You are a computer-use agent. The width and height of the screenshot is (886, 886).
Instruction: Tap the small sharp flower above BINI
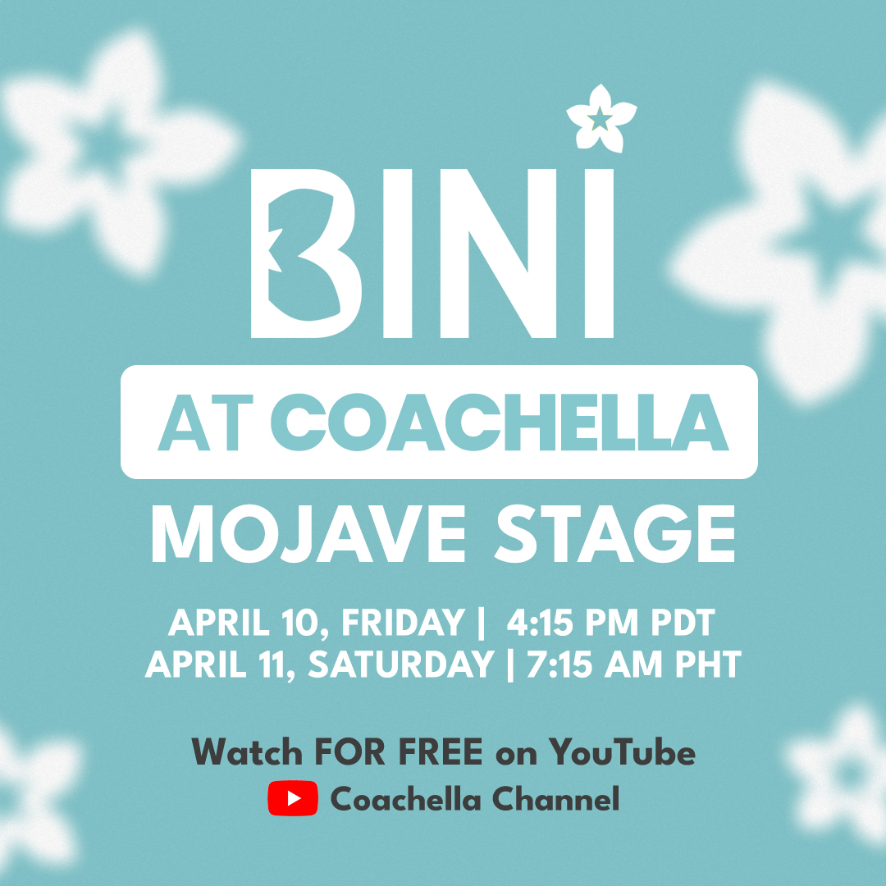pos(601,118)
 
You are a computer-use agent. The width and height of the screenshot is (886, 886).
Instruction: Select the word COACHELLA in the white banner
pos(498,422)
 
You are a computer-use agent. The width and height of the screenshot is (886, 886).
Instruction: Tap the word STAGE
pos(615,534)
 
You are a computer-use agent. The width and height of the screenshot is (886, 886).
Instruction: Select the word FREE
pos(442,751)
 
